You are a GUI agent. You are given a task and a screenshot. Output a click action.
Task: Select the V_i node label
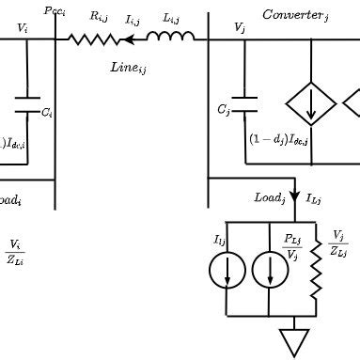click(x=23, y=29)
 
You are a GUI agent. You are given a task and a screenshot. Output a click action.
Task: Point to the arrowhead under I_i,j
click(x=126, y=39)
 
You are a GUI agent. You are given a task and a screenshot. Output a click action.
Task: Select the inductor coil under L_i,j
click(x=170, y=39)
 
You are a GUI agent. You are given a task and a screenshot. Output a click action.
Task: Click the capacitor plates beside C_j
click(x=243, y=99)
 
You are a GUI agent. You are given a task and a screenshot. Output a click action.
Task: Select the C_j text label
click(x=224, y=110)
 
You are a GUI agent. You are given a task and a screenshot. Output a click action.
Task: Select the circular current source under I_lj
click(x=227, y=271)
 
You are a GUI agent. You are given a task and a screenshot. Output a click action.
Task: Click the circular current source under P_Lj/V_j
click(x=271, y=271)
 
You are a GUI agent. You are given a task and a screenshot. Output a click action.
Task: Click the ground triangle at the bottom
click(x=295, y=341)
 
